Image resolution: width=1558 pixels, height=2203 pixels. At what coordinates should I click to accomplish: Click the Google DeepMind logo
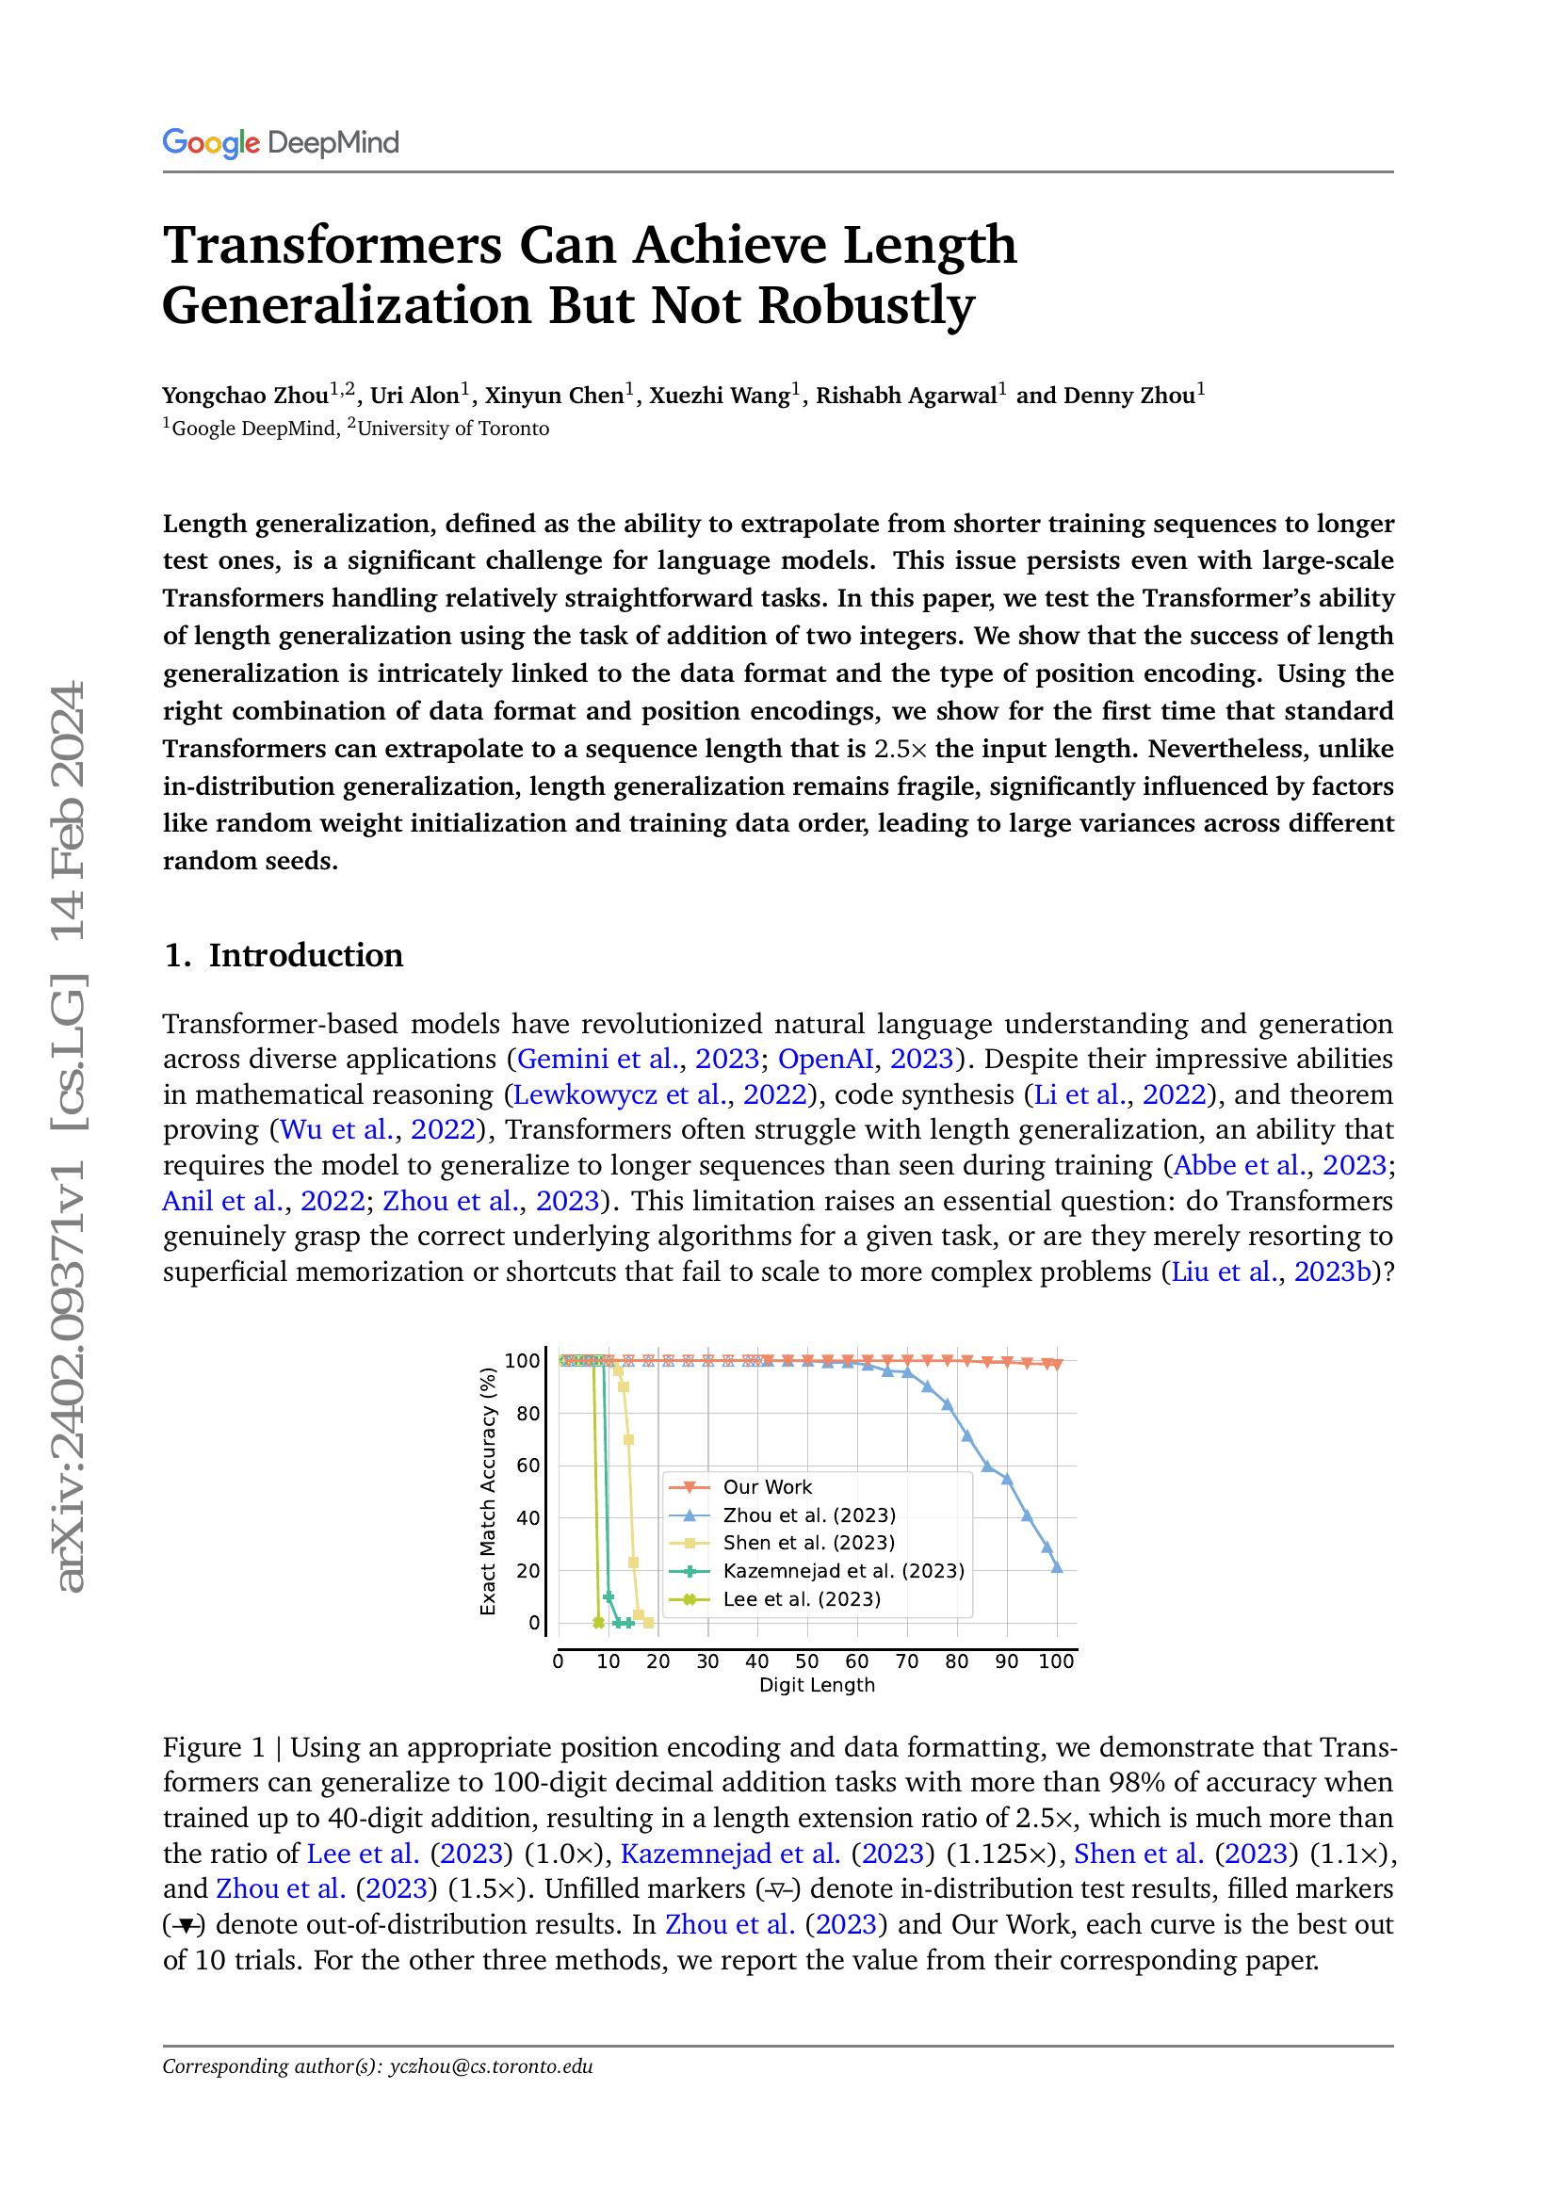click(280, 143)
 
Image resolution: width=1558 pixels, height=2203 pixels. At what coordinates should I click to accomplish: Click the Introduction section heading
click(305, 955)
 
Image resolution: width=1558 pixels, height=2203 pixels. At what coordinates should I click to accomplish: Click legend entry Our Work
click(767, 1487)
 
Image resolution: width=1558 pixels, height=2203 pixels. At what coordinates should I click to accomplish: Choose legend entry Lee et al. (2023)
click(801, 1598)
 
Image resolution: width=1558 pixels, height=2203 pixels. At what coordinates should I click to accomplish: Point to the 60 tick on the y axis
click(528, 1466)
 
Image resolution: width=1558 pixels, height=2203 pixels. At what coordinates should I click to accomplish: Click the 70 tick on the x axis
click(906, 1661)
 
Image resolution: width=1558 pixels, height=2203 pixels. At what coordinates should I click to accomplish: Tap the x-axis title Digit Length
click(817, 1685)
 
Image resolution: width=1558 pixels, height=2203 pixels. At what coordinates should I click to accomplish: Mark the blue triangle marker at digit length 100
click(1057, 1567)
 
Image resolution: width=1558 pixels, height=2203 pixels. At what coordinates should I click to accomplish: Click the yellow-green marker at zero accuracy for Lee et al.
click(599, 1623)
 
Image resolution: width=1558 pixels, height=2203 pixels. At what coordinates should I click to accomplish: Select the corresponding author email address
click(491, 2066)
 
